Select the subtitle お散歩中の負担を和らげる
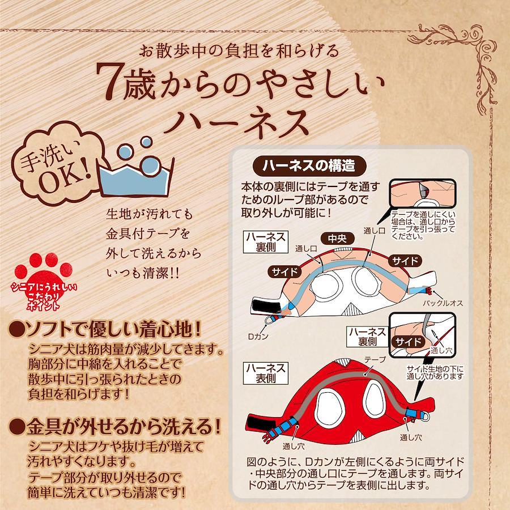pyautogui.click(x=239, y=51)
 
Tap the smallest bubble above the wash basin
pyautogui.click(x=146, y=142)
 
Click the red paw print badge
pyautogui.click(x=44, y=281)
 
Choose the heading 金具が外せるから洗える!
pyautogui.click(x=115, y=427)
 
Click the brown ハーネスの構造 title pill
pyautogui.click(x=309, y=166)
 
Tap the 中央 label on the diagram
pyautogui.click(x=337, y=239)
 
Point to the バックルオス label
pyautogui.click(x=443, y=303)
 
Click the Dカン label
pyautogui.click(x=258, y=337)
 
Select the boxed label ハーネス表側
pyautogui.click(x=266, y=373)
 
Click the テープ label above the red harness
pyautogui.click(x=375, y=359)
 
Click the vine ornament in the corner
pyautogui.click(x=459, y=58)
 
